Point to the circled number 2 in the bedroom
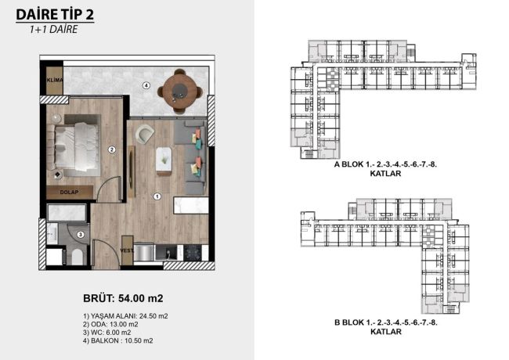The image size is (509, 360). pos(112,149)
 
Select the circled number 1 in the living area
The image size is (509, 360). pos(157,196)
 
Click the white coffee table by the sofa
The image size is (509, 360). pos(164,159)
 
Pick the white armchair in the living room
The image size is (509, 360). pos(146,135)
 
